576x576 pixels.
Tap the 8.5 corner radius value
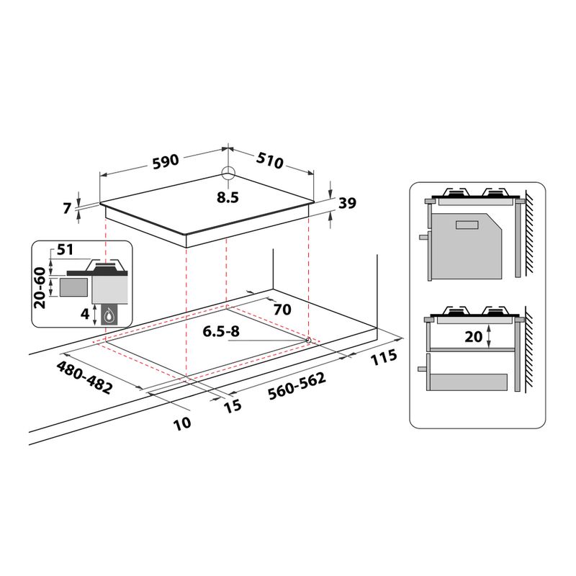[x=228, y=197]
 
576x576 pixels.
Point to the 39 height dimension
[x=347, y=204]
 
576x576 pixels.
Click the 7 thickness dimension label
[x=68, y=209]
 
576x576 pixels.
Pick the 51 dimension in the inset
[x=66, y=251]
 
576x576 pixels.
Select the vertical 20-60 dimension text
[x=41, y=287]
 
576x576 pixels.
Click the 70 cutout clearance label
[x=282, y=310]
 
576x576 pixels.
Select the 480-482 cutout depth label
[x=85, y=377]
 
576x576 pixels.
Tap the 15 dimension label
[x=232, y=406]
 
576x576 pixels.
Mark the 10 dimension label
[x=182, y=423]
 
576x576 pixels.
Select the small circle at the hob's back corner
[x=228, y=174]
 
